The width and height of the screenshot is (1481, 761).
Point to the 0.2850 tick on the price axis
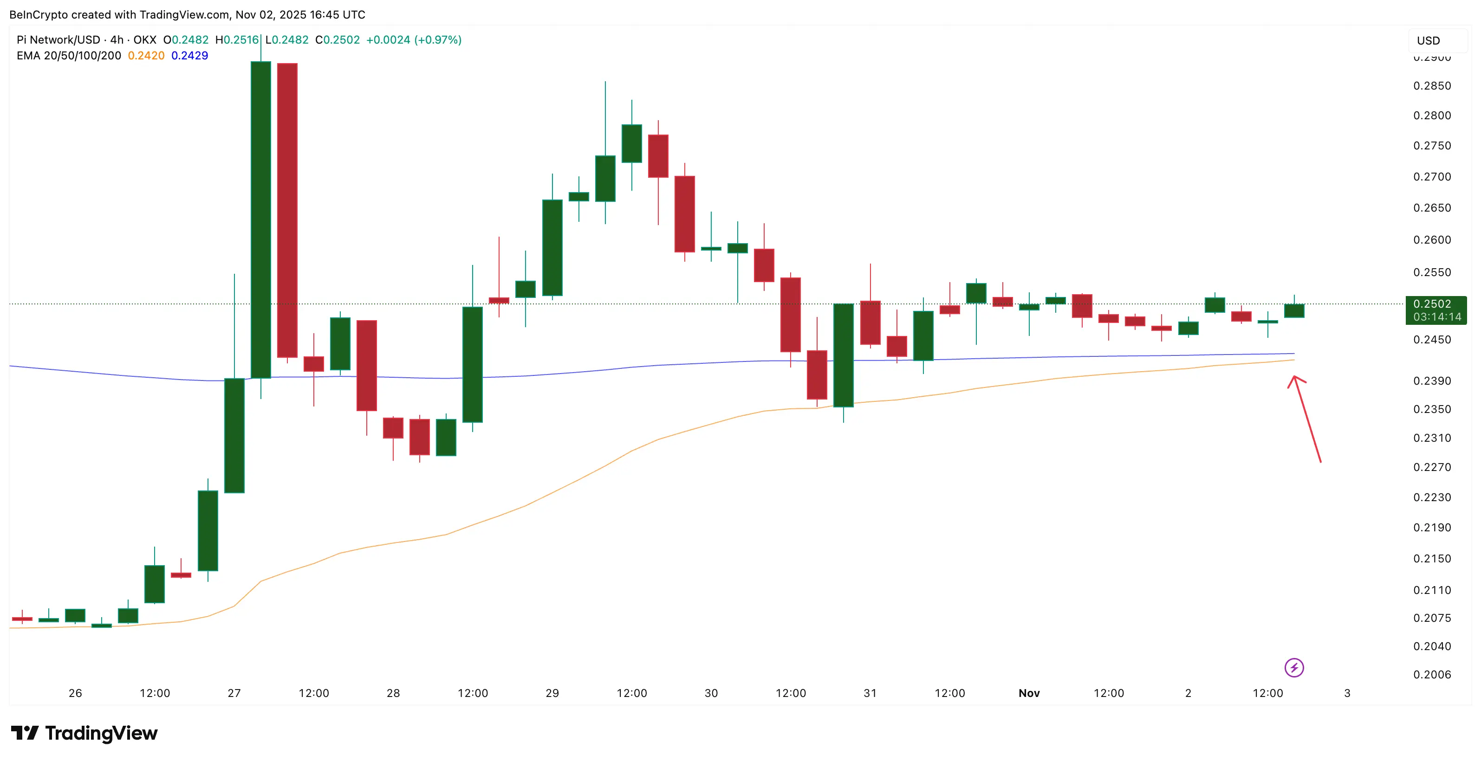(x=1432, y=86)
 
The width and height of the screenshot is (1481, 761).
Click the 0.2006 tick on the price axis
(x=1432, y=674)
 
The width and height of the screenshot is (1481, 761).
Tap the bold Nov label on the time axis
(x=1028, y=693)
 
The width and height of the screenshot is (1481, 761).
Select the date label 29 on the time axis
(x=552, y=693)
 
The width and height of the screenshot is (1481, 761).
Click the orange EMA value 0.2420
(x=146, y=56)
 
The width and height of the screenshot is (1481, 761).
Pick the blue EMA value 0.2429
(x=190, y=56)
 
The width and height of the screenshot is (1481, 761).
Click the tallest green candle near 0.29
(x=260, y=219)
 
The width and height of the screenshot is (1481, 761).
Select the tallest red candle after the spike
(x=287, y=210)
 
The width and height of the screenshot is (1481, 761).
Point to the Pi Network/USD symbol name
(x=58, y=39)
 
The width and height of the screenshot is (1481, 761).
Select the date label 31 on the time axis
(x=870, y=693)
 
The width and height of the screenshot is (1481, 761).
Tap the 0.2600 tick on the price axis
(x=1432, y=240)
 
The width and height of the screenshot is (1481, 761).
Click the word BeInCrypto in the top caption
(x=38, y=14)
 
